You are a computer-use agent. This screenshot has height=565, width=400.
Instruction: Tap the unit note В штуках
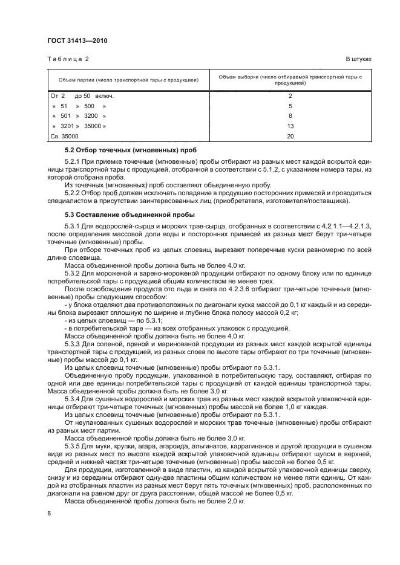358,60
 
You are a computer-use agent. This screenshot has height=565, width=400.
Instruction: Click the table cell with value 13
290,126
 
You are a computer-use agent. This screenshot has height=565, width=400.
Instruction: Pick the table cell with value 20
290,137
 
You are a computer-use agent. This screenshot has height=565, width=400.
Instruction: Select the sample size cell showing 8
290,115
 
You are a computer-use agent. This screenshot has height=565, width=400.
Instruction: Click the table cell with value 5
290,105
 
